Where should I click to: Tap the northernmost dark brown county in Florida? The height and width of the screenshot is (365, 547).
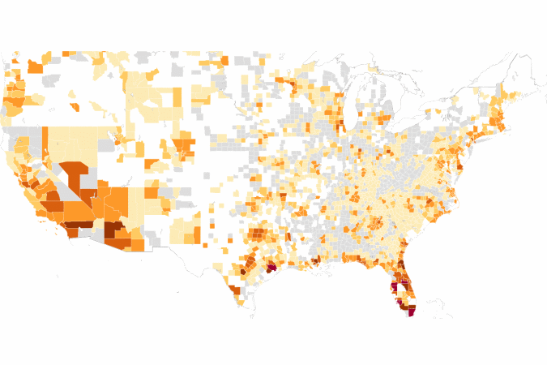pos(400,267)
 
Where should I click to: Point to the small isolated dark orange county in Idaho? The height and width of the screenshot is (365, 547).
pos(74,106)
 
